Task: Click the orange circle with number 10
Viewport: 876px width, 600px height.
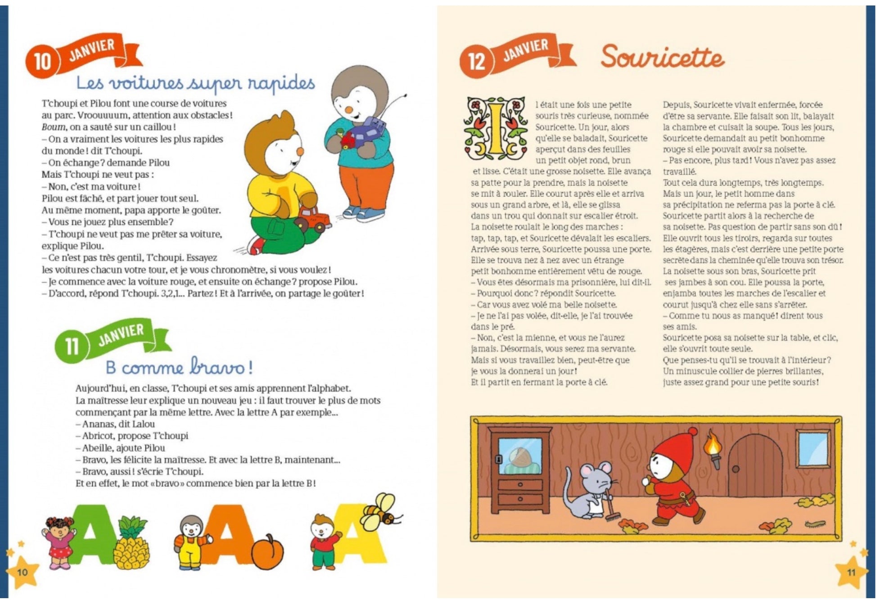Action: click(x=42, y=61)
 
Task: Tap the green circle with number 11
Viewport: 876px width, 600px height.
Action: click(x=71, y=346)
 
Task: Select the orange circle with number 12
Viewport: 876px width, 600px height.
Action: click(x=475, y=61)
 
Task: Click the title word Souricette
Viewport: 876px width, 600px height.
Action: click(x=662, y=57)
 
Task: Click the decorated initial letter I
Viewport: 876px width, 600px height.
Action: click(x=495, y=128)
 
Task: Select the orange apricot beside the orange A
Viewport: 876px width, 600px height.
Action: click(x=267, y=552)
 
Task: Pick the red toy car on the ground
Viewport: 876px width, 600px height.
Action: click(x=313, y=219)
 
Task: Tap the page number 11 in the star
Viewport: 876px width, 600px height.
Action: click(x=851, y=572)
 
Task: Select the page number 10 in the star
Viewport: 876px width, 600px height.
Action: click(x=22, y=572)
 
